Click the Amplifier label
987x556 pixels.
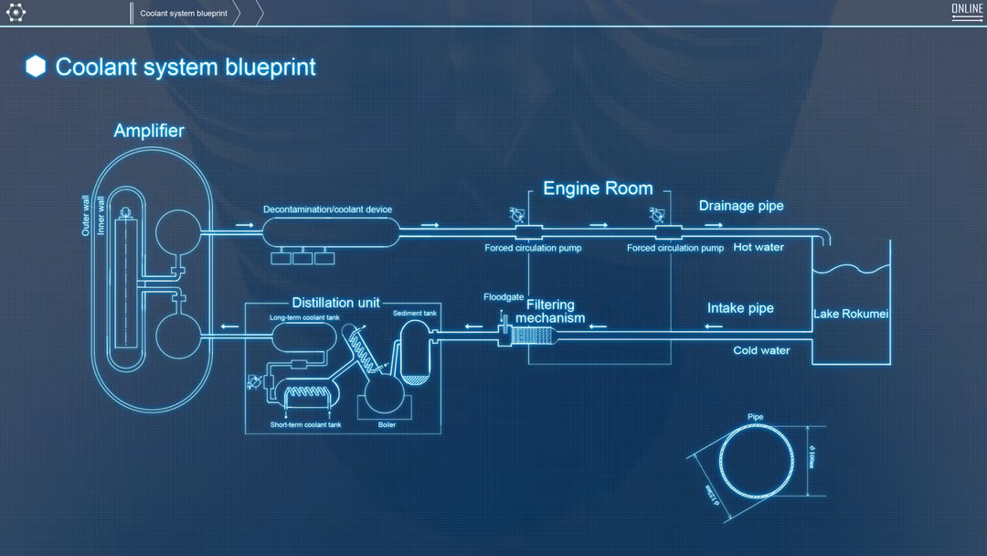[x=149, y=131]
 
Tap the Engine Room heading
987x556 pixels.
[x=598, y=188]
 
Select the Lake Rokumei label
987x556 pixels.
[x=851, y=315]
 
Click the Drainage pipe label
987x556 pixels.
[x=741, y=206]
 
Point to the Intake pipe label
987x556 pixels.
[x=740, y=308]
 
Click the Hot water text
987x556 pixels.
[x=759, y=247]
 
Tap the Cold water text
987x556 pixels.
[x=761, y=350]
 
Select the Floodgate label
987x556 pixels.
[x=504, y=296]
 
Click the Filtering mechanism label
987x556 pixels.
[x=550, y=312]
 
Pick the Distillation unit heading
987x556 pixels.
[x=335, y=303]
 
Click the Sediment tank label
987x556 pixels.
[x=415, y=313]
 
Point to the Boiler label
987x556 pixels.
[x=387, y=425]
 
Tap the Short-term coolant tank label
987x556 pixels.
[x=305, y=425]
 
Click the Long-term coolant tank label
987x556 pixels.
[x=304, y=318]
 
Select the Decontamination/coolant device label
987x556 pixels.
[x=327, y=209]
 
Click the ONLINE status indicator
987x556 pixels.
[x=967, y=10]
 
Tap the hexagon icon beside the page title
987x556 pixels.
[x=36, y=66]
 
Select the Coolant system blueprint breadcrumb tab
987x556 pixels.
[x=184, y=14]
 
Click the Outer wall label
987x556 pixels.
[x=86, y=217]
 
